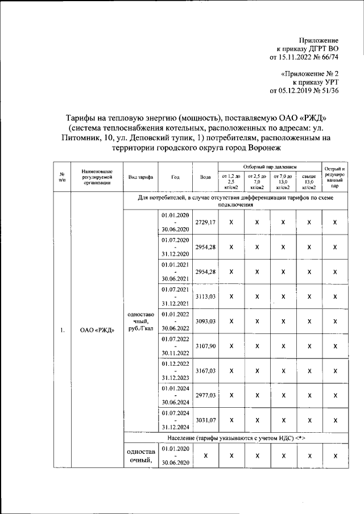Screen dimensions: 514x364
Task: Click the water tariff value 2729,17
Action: [205, 222]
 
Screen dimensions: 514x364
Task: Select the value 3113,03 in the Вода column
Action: [205, 296]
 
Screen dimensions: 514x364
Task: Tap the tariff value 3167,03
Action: [205, 371]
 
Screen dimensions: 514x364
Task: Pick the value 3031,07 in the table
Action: [205, 420]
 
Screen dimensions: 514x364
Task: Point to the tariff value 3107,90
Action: [205, 346]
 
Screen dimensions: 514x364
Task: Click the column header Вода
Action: [205, 177]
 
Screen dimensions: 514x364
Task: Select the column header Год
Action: [175, 177]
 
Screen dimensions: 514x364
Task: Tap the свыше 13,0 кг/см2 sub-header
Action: [309, 182]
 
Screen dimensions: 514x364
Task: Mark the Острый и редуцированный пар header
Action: [335, 177]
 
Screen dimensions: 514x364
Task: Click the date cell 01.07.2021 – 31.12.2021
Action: [175, 296]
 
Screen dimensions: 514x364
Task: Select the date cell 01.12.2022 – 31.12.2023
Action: [175, 371]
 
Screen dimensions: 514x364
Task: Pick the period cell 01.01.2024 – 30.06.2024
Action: [175, 395]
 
